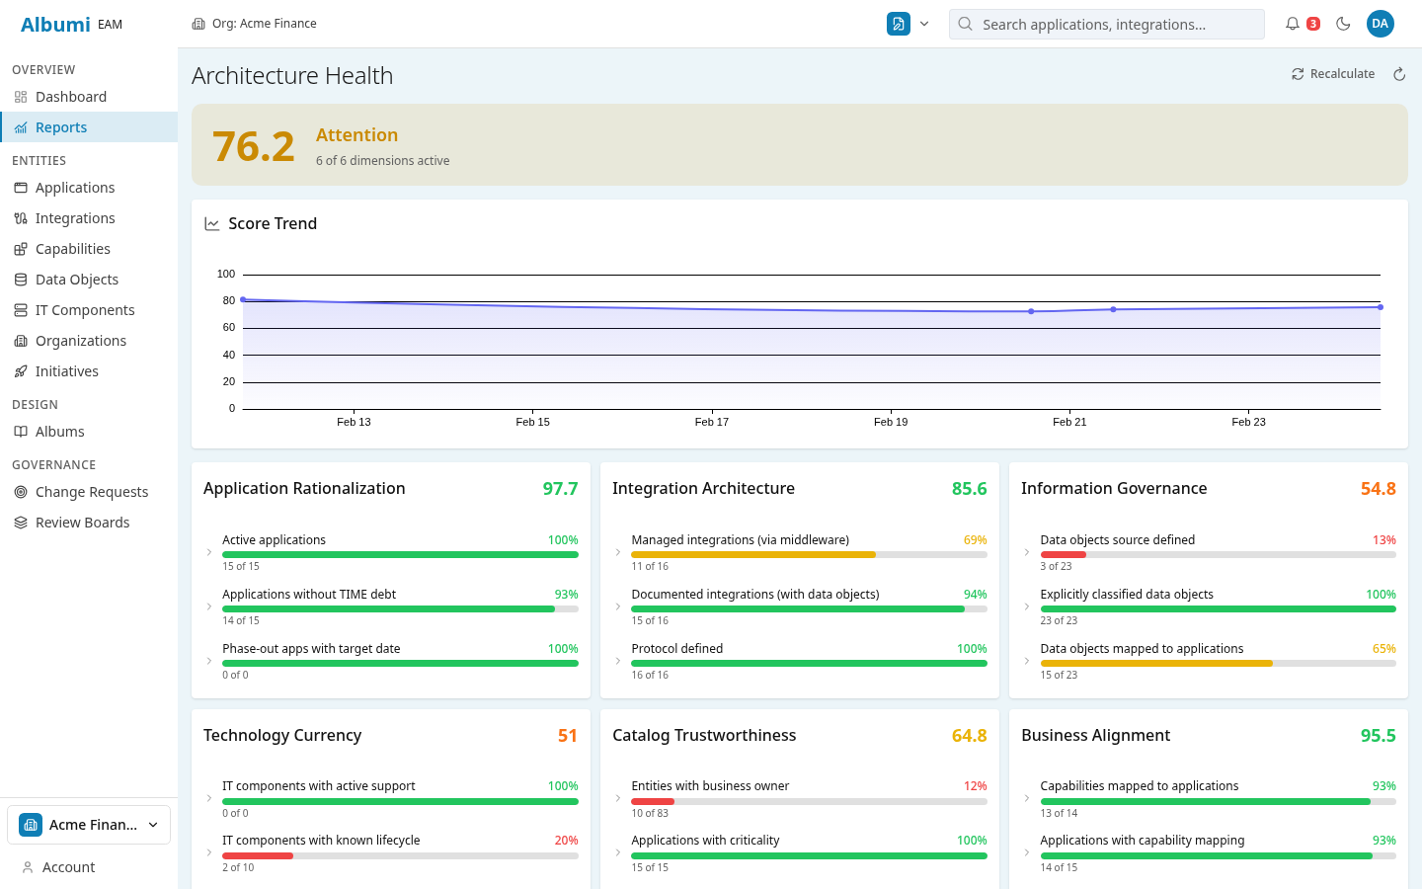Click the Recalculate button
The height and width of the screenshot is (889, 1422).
pos(1333,74)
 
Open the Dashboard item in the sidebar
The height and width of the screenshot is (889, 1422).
pos(70,97)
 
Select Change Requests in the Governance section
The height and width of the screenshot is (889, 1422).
pos(91,492)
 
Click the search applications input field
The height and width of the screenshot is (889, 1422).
pos(1106,25)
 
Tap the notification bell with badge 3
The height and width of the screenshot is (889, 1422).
pos(1293,24)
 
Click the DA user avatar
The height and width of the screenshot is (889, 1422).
pos(1380,24)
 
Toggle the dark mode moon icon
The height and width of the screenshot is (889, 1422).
pos(1343,24)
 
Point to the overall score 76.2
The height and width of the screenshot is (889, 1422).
pos(254,146)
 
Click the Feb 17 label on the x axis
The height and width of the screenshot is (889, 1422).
pos(711,422)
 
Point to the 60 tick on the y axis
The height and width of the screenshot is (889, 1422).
pos(229,327)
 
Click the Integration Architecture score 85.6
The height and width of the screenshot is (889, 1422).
pos(969,489)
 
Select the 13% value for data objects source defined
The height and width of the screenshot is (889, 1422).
pos(1383,540)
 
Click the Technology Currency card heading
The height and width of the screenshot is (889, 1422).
pos(282,736)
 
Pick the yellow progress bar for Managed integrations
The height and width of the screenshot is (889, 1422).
pos(753,555)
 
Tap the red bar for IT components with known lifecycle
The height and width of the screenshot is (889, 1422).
pos(258,855)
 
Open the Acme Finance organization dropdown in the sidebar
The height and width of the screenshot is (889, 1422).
pos(89,825)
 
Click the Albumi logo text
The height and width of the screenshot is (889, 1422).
pos(55,25)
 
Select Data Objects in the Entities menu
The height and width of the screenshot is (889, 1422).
pos(76,280)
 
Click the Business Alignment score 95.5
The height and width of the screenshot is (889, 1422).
pos(1378,736)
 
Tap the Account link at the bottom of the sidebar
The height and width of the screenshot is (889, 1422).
pos(68,867)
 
